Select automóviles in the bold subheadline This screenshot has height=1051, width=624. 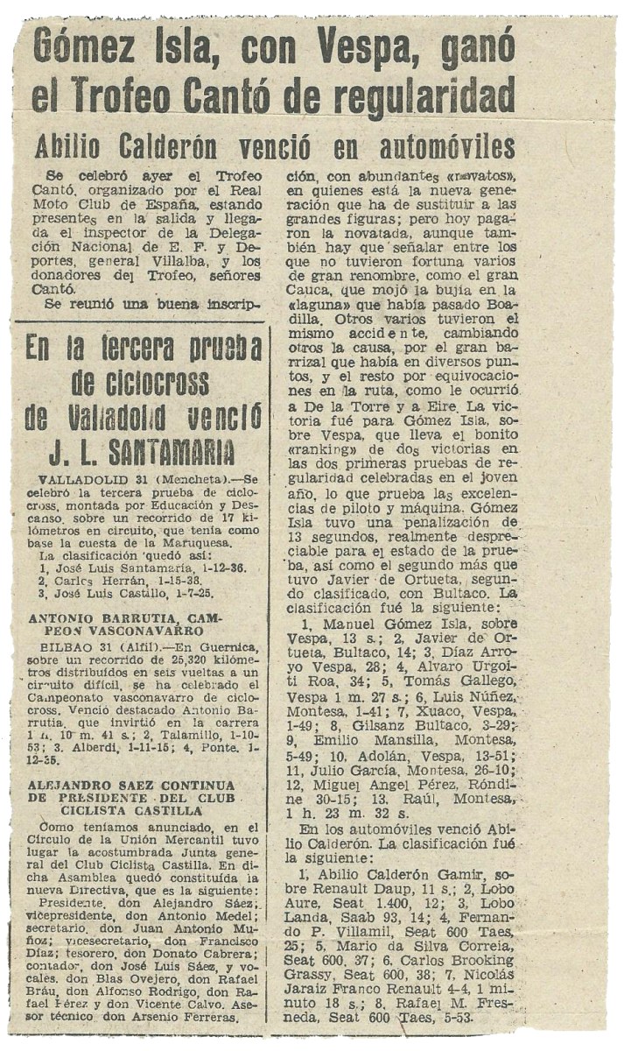coord(447,146)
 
